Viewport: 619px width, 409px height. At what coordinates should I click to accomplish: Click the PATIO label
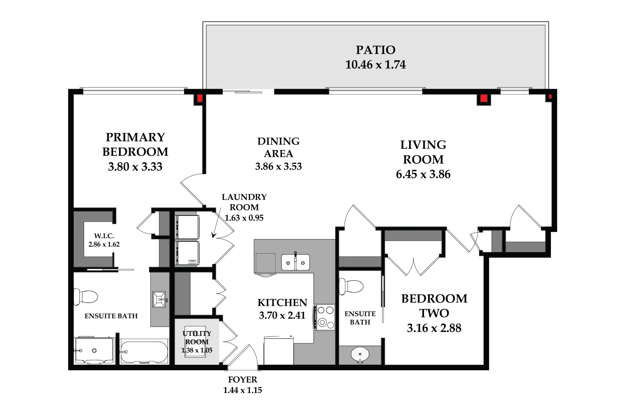coord(376,50)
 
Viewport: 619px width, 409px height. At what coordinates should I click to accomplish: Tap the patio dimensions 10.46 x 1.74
coord(376,65)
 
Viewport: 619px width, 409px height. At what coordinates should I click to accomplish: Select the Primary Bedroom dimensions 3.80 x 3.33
coord(135,167)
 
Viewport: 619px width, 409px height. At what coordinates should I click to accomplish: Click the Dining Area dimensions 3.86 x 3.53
coord(279,166)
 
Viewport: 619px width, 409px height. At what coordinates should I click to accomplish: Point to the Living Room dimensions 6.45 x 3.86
coord(423,174)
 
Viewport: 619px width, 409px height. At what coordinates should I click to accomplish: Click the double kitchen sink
coord(295,262)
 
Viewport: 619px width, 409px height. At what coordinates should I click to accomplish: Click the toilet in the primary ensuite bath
coord(86,297)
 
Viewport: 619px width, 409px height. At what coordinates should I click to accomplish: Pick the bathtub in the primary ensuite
coord(144,352)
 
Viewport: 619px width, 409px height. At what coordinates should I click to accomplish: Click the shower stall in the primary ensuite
coord(94,350)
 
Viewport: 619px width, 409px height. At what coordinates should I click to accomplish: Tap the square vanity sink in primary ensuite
coord(160,299)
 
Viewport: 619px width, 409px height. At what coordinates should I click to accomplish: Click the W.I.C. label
coord(104,236)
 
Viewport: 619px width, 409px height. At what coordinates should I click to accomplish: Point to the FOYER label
coord(243,380)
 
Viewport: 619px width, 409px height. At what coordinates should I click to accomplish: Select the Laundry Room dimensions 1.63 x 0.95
coord(244,218)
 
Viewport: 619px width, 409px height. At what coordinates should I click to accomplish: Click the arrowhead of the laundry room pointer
coord(214,235)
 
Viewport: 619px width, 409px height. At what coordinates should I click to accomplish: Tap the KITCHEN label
coord(282,303)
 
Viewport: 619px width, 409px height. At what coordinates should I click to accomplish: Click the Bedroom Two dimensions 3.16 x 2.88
coord(434,328)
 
